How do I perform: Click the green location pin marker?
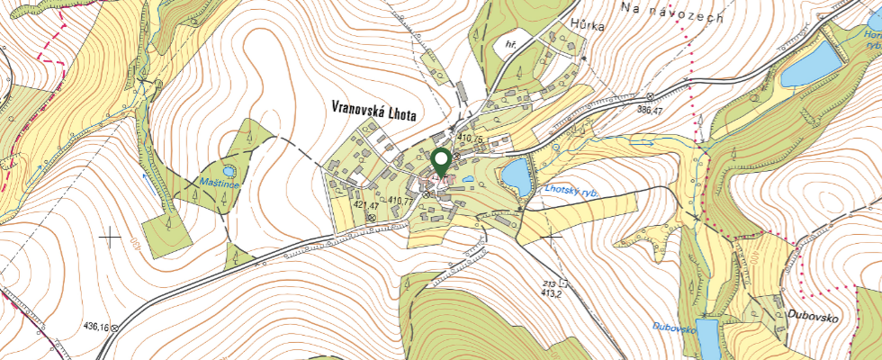tap(441, 163)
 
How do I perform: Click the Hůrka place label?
tap(587, 27)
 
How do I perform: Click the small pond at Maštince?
tap(229, 169)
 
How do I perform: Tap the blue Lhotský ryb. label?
tap(571, 191)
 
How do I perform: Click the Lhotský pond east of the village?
tap(516, 175)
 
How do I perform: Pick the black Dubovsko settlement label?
tap(813, 317)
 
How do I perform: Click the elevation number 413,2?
tap(552, 292)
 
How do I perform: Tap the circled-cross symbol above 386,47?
tap(651, 96)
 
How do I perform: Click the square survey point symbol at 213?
tap(563, 281)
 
